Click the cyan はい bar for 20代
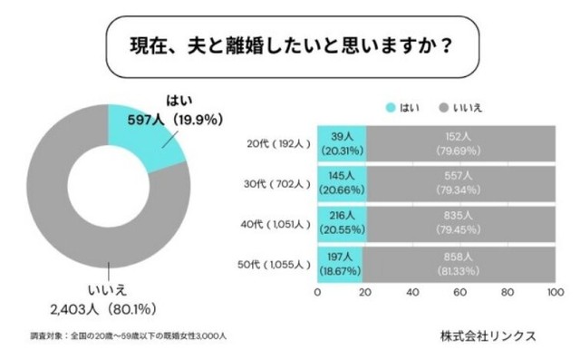(x=341, y=144)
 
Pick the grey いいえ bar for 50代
(x=459, y=267)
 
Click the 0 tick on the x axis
(x=317, y=294)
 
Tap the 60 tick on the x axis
(x=459, y=294)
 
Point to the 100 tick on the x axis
(x=555, y=294)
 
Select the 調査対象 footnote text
(x=127, y=336)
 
